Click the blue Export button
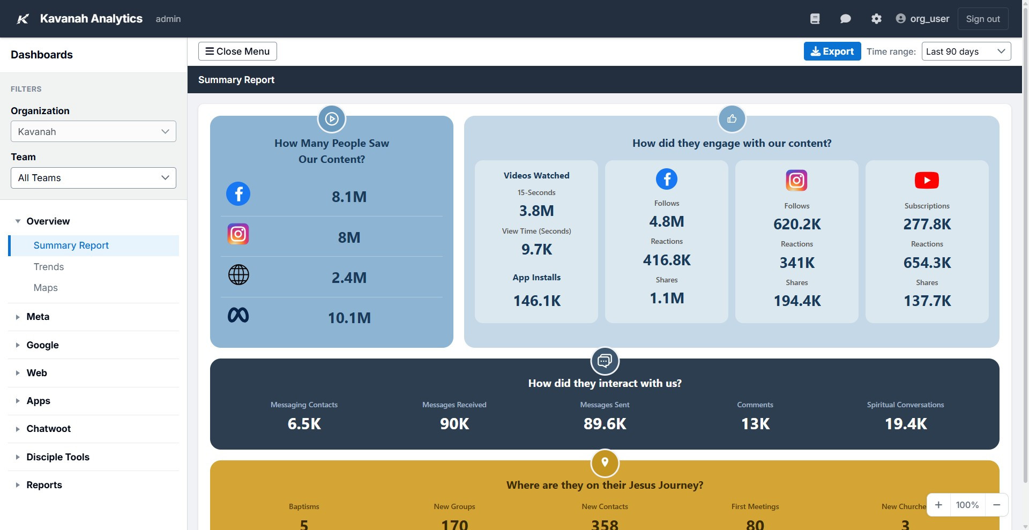(832, 51)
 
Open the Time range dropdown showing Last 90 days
(966, 51)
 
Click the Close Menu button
(237, 51)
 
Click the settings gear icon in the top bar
(876, 19)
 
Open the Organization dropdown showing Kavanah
(93, 132)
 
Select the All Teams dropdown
(93, 178)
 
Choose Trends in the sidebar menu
(49, 267)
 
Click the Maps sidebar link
(46, 288)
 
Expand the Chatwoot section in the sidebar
(48, 429)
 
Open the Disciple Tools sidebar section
(58, 457)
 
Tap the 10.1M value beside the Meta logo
(349, 318)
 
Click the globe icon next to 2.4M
(238, 275)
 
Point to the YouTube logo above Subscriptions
(927, 180)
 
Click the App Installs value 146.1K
(536, 301)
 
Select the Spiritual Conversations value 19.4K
(905, 424)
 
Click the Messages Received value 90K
(454, 424)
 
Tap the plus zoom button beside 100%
(938, 505)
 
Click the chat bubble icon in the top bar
(845, 19)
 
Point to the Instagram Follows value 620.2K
(796, 224)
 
